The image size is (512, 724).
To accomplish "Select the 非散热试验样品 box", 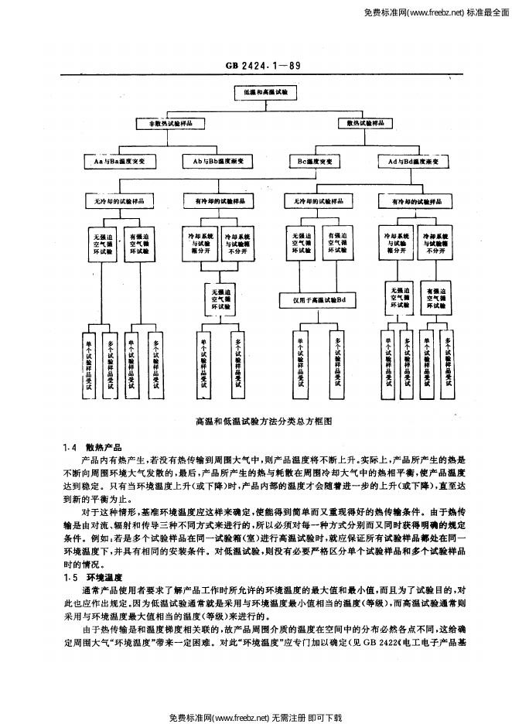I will [x=172, y=122].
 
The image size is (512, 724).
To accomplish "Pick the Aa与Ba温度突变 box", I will [x=119, y=161].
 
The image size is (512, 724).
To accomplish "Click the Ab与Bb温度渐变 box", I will [x=219, y=161].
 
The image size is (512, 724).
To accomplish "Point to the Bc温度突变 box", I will [x=314, y=161].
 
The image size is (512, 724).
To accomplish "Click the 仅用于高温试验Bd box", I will [x=318, y=298].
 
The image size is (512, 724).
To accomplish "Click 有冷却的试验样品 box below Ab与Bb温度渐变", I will [x=219, y=200].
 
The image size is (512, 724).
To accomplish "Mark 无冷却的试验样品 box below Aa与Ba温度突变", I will [x=119, y=200].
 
